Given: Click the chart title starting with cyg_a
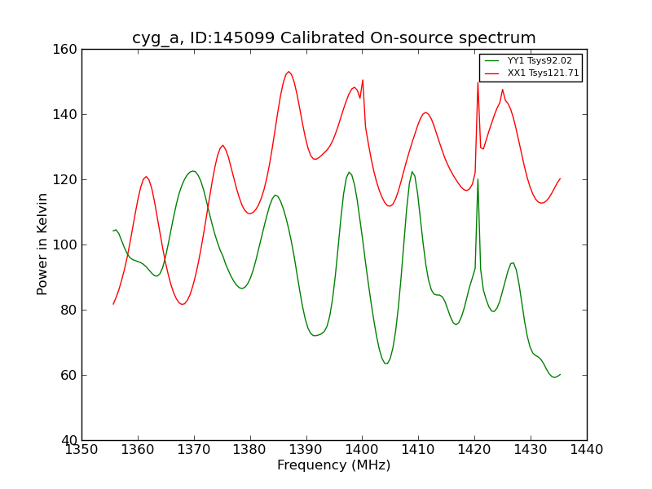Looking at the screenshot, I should click(x=334, y=38).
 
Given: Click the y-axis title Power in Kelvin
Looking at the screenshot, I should click(x=43, y=244).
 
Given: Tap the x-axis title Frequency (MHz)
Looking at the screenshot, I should click(x=334, y=465).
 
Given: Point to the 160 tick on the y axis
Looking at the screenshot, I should click(x=68, y=50).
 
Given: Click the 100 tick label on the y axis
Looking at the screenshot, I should click(x=68, y=245).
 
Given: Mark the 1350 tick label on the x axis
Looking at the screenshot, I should click(x=81, y=450).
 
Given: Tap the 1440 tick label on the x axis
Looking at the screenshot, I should click(x=587, y=450).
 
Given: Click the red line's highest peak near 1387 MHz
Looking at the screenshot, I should click(x=289, y=72).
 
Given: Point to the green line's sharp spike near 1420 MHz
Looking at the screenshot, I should click(x=478, y=179).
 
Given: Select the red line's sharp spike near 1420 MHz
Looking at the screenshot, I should click(x=478, y=82).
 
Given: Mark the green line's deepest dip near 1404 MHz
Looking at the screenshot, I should click(x=386, y=363).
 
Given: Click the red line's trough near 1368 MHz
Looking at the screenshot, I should click(x=183, y=304).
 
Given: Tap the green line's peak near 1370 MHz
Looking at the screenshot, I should click(x=192, y=171).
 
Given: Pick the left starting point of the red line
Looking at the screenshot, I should click(x=113, y=304).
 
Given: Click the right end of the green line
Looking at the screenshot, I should click(x=560, y=374).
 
